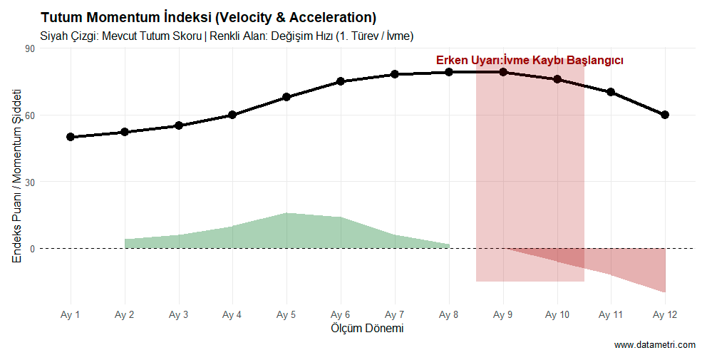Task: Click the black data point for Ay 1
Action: pyautogui.click(x=71, y=137)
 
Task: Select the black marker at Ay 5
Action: pyautogui.click(x=287, y=97)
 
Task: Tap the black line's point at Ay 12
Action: pyautogui.click(x=665, y=115)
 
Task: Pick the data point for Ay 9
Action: pyautogui.click(x=503, y=72)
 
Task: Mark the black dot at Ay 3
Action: pyautogui.click(x=179, y=125)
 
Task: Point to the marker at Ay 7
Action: pyautogui.click(x=395, y=74)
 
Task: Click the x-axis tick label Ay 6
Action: pyautogui.click(x=341, y=314)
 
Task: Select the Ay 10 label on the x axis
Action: pyautogui.click(x=557, y=314)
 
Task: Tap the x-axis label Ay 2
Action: pyautogui.click(x=125, y=314)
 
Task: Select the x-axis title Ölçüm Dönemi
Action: pyautogui.click(x=367, y=329)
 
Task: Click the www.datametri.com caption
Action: pyautogui.click(x=654, y=345)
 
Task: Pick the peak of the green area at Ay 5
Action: pyautogui.click(x=287, y=213)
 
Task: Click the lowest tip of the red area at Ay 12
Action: pyautogui.click(x=665, y=292)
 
